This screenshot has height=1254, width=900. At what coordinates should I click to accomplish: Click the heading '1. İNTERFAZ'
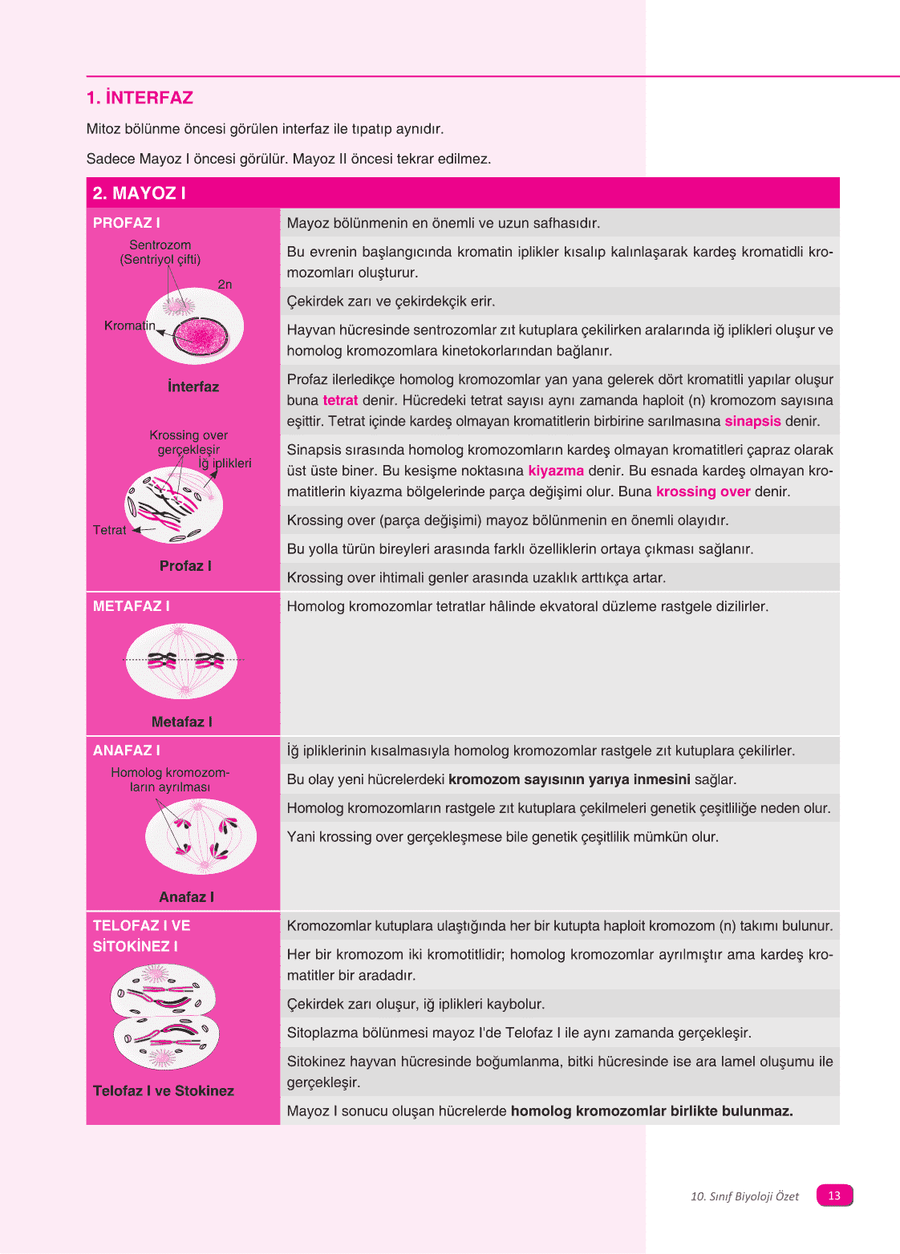pyautogui.click(x=140, y=98)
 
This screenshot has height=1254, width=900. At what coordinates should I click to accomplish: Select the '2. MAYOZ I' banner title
pyautogui.click(x=139, y=193)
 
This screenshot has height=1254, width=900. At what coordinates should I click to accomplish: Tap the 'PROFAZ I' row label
pyautogui.click(x=126, y=223)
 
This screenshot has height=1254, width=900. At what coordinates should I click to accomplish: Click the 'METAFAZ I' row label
pyautogui.click(x=131, y=606)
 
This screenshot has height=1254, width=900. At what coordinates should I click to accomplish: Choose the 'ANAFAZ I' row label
pyautogui.click(x=126, y=750)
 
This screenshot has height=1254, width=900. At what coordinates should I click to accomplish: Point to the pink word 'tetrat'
pyautogui.click(x=340, y=400)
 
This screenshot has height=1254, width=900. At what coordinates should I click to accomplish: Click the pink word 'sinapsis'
pyautogui.click(x=752, y=421)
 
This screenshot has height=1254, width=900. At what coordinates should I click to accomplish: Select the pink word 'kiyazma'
pyautogui.click(x=556, y=471)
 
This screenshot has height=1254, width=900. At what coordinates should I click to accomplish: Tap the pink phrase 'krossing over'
pyautogui.click(x=703, y=491)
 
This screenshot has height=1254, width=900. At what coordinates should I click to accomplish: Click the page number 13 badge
pyautogui.click(x=834, y=1195)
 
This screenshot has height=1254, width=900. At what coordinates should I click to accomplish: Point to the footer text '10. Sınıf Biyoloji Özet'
pyautogui.click(x=744, y=1196)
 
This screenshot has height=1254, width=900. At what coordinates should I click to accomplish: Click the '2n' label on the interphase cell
pyautogui.click(x=225, y=285)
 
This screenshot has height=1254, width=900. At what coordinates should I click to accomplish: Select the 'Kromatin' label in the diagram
pyautogui.click(x=129, y=326)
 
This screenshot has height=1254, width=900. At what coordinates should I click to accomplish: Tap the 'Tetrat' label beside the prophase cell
pyautogui.click(x=109, y=530)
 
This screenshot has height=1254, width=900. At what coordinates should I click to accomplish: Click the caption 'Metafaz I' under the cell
pyautogui.click(x=181, y=722)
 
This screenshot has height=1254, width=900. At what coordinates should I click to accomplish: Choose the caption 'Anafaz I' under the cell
pyautogui.click(x=186, y=897)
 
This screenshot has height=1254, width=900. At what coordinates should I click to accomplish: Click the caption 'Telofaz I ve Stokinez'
pyautogui.click(x=164, y=1090)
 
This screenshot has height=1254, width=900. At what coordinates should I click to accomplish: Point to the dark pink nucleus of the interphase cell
pyautogui.click(x=201, y=335)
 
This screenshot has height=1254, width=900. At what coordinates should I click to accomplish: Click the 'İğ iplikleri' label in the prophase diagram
pyautogui.click(x=225, y=463)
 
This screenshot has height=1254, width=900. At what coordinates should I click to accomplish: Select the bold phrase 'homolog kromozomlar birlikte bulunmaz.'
pyautogui.click(x=651, y=1110)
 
